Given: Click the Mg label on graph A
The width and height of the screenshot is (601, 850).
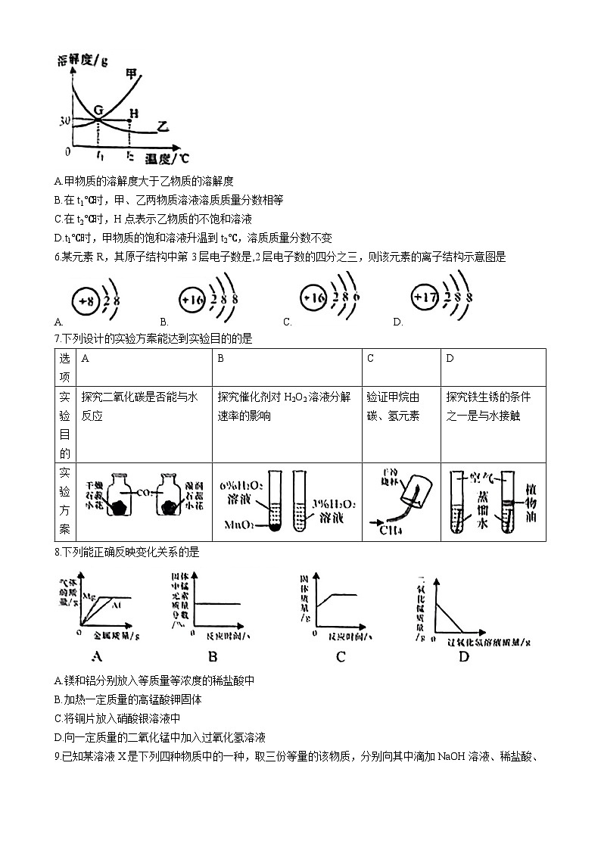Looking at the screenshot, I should (89, 596).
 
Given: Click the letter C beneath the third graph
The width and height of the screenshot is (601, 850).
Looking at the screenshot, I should (341, 657).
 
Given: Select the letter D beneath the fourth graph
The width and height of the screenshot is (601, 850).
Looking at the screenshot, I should (463, 657).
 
